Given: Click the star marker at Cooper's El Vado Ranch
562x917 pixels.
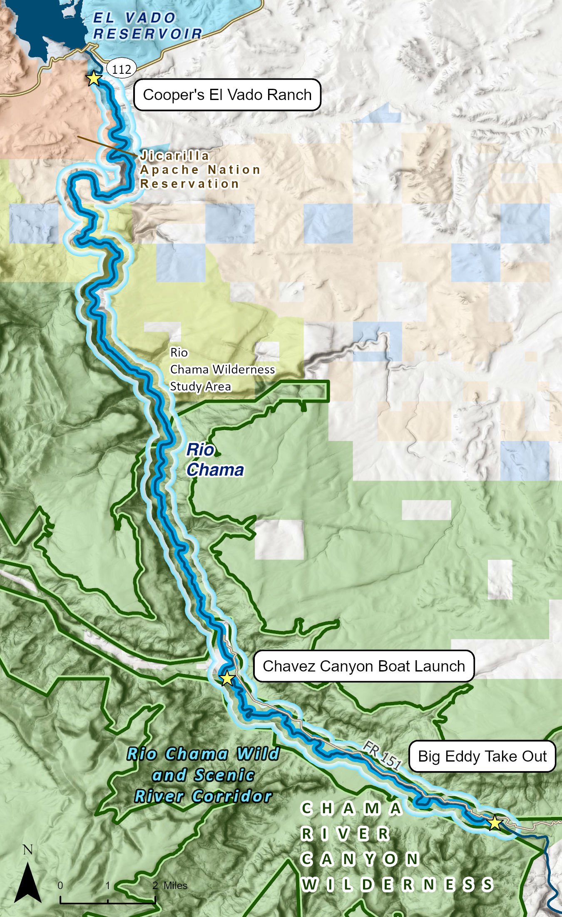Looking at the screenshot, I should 94,78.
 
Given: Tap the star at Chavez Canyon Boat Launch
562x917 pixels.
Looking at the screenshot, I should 227,678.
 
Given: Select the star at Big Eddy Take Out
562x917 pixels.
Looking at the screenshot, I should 495,822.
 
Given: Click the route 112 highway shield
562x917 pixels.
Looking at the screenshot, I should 122,69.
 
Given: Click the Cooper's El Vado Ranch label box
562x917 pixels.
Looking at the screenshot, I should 227,95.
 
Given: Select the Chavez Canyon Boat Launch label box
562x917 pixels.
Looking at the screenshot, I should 363,666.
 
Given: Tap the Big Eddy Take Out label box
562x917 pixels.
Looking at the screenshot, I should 482,756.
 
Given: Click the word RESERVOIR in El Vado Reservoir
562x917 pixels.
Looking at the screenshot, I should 148,34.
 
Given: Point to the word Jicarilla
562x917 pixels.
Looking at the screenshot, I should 175,156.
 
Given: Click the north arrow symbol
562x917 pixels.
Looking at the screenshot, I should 27,883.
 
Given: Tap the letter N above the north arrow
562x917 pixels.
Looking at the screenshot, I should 27,850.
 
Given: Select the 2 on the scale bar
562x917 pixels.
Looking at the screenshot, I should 155,885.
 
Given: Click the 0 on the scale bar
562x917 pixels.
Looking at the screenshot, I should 60,885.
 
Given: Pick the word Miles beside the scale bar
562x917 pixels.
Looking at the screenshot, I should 175,885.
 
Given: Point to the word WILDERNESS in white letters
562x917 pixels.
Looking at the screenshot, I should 398,884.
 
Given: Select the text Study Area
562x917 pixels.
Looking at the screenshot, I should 200,386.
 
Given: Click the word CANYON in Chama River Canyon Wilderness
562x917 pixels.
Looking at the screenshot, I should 360,859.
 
